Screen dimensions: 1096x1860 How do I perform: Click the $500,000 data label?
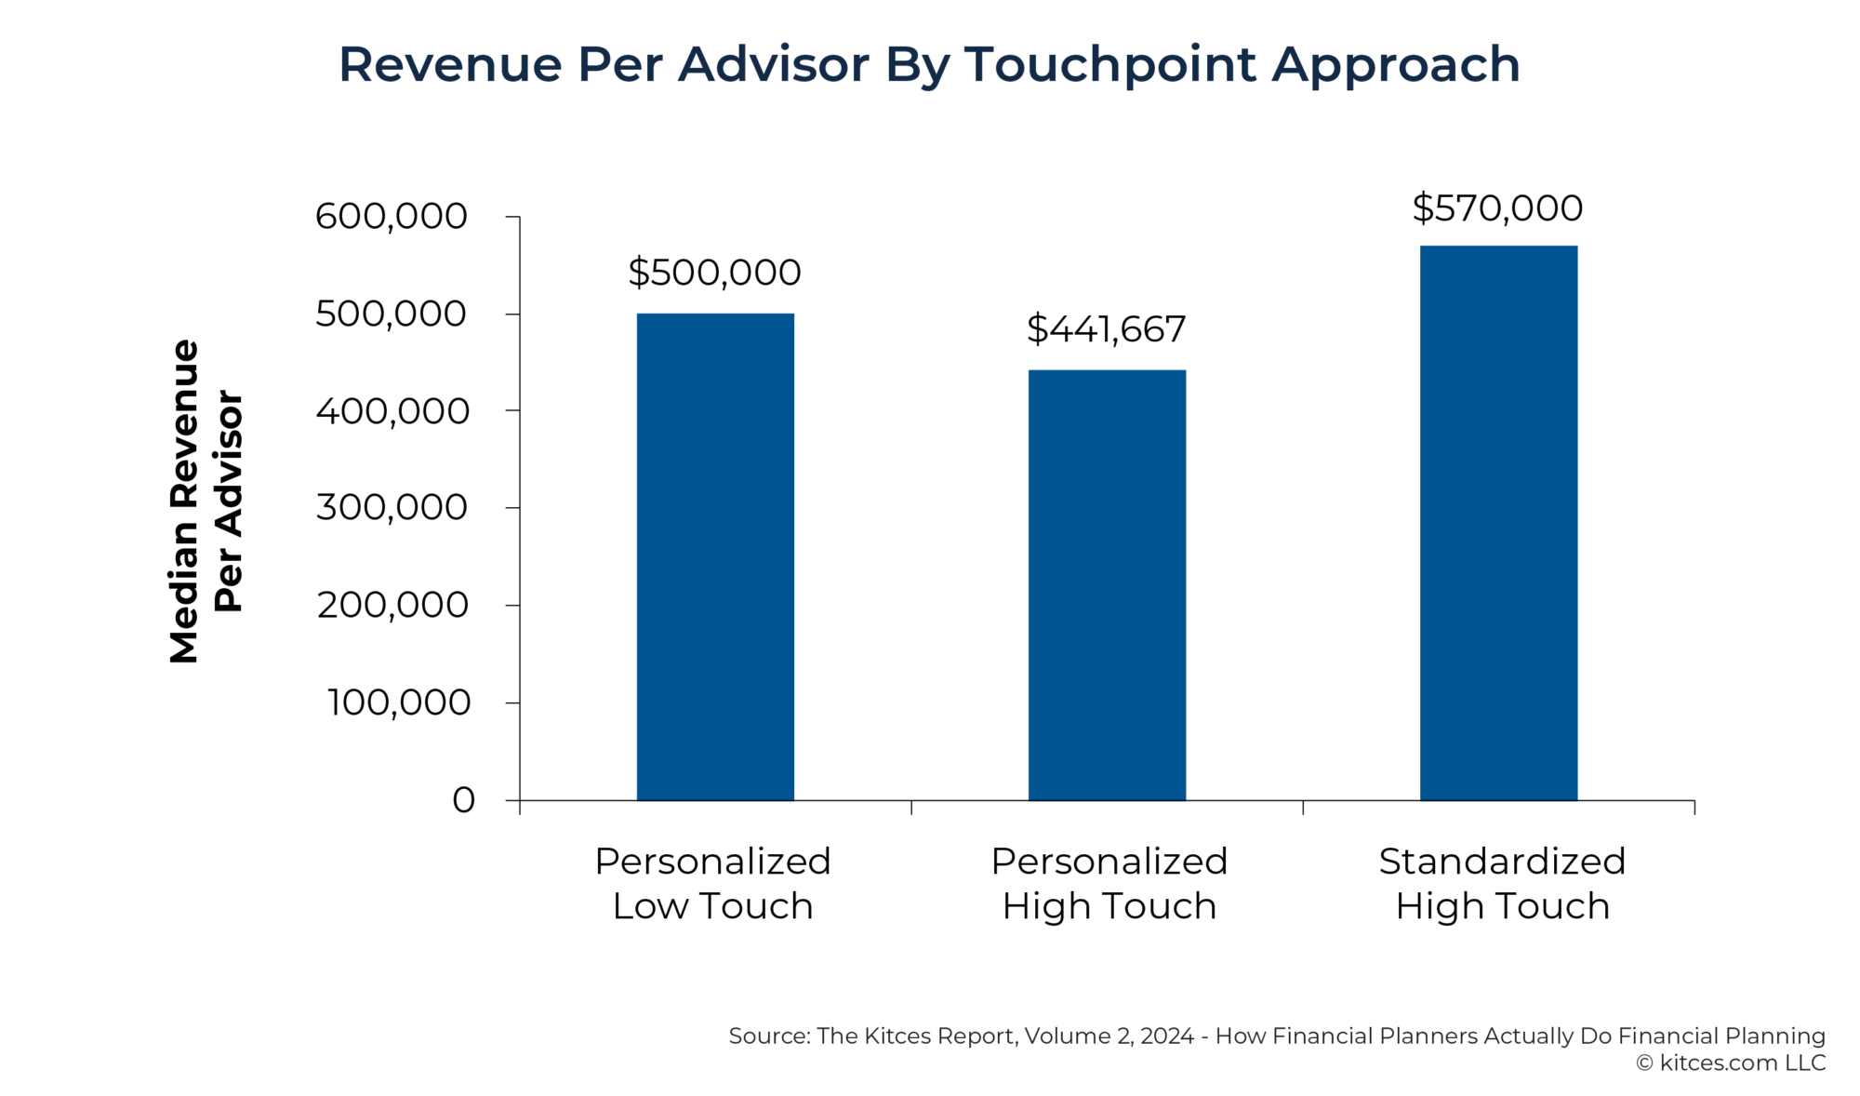[714, 273]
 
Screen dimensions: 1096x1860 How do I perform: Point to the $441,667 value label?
[1106, 329]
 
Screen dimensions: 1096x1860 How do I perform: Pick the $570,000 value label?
[1497, 208]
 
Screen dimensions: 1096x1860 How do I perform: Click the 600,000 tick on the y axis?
[391, 217]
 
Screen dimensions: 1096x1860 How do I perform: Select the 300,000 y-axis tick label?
[391, 508]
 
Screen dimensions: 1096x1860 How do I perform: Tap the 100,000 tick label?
[398, 702]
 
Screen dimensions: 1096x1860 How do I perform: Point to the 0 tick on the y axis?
[463, 800]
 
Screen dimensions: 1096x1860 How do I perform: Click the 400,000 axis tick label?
[392, 411]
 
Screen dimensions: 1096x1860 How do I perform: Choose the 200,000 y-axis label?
[392, 606]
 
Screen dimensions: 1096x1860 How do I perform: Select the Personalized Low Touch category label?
[712, 884]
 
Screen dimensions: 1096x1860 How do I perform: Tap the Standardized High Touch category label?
[1502, 884]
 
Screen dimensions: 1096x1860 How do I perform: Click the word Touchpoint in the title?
[1109, 65]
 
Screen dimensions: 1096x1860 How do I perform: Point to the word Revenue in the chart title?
[450, 65]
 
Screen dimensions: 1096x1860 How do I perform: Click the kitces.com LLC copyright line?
[1731, 1063]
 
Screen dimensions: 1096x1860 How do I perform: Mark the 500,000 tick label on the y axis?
[391, 314]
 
